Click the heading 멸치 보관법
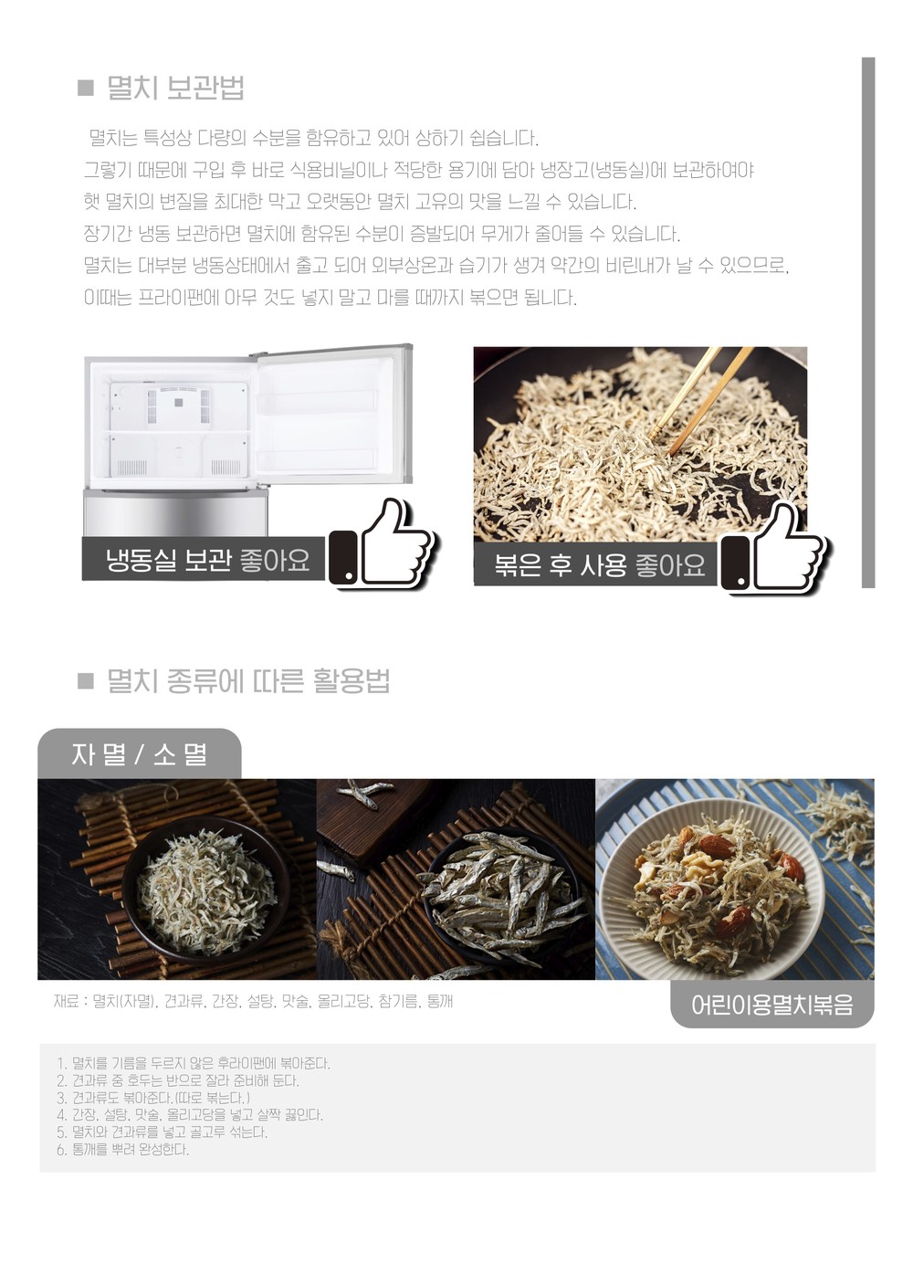tap(175, 89)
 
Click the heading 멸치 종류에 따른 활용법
tap(248, 680)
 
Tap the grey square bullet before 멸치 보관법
tap(85, 89)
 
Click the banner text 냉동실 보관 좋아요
tap(208, 560)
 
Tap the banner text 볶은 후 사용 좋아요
tap(600, 565)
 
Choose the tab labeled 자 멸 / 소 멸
tap(140, 754)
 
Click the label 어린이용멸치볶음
tap(772, 1005)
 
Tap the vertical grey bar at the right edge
tap(868, 321)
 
